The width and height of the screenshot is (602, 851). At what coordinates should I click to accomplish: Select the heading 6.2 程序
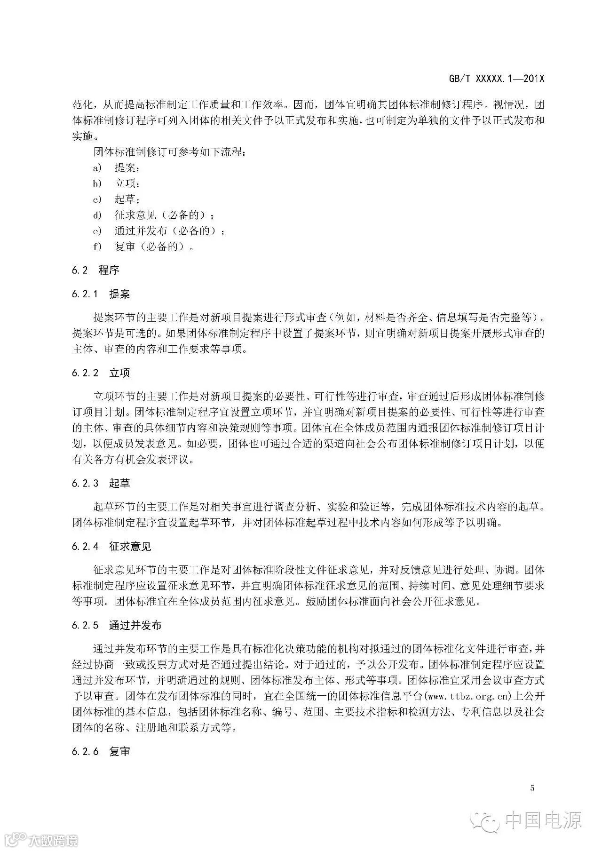(x=95, y=270)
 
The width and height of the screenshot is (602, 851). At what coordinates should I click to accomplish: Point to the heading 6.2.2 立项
(x=101, y=373)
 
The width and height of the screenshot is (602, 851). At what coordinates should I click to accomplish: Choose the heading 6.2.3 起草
(x=101, y=483)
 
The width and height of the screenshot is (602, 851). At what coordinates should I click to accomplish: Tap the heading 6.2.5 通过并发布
(x=117, y=625)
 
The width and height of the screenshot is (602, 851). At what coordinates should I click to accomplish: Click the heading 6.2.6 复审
(x=101, y=751)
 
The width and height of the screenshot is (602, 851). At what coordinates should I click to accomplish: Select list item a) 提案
(x=116, y=168)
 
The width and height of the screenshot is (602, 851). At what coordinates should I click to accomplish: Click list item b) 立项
(x=116, y=183)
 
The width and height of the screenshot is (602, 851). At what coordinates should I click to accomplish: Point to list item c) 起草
(x=116, y=199)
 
